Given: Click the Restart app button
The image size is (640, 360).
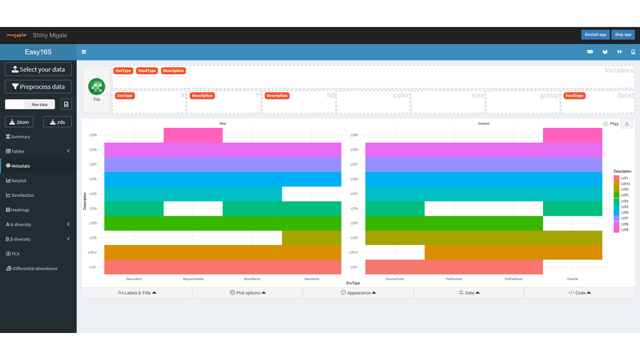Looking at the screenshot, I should (595, 34).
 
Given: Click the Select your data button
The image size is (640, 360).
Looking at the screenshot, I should (38, 69).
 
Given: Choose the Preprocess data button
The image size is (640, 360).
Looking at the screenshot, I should (38, 86).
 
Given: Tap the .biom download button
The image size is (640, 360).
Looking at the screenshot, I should (19, 122).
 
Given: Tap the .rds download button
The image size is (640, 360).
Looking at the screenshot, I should (57, 122).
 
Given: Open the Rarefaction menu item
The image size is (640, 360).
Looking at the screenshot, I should (22, 195).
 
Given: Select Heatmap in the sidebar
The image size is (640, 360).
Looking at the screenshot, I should (20, 210).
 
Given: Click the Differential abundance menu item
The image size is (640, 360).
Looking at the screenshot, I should (34, 268).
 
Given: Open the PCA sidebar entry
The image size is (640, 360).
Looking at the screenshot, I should (15, 254).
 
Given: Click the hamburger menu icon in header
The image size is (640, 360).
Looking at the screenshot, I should (84, 52).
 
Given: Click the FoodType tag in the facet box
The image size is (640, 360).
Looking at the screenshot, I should (574, 95).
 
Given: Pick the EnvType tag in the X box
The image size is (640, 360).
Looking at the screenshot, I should (125, 95).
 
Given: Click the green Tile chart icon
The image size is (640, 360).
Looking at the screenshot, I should (96, 86).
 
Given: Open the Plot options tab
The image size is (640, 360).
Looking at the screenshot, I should (247, 293).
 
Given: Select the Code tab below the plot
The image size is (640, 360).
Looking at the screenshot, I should (579, 293).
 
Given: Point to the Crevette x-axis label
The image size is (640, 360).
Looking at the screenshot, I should (572, 279).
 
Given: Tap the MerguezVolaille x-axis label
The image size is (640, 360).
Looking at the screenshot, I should (193, 279).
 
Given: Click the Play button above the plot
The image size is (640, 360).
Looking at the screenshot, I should (611, 124).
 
